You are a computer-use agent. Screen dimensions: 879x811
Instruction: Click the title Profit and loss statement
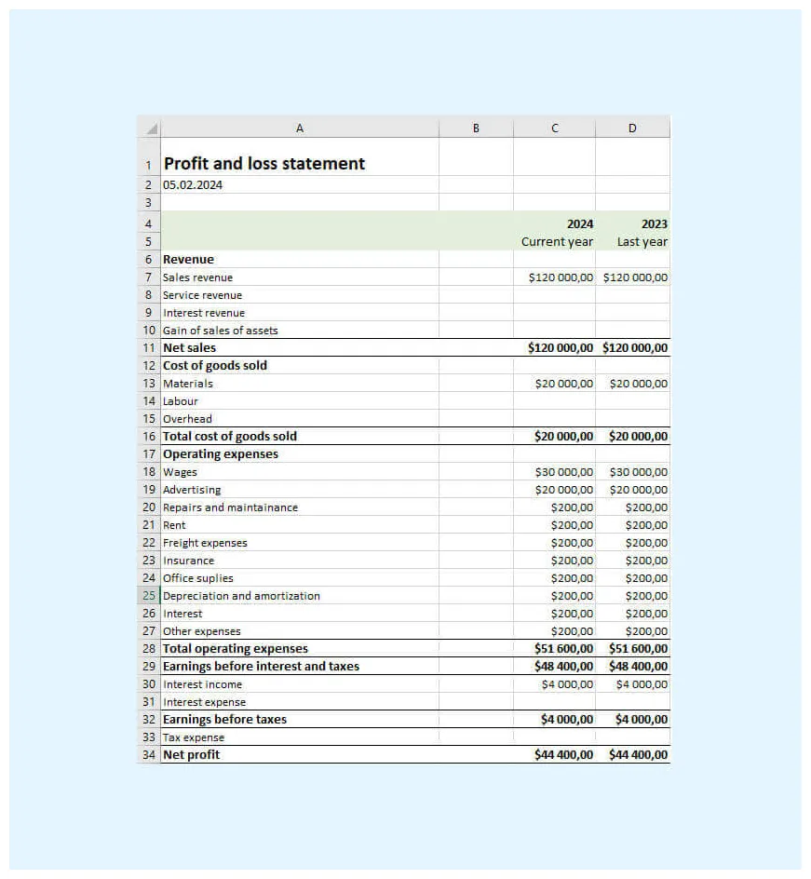point(264,164)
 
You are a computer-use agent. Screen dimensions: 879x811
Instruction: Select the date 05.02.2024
point(193,184)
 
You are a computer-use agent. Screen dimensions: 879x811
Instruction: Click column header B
point(476,128)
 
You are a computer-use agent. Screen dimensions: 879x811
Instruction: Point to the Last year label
point(642,242)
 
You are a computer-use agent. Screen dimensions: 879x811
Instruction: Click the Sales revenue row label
point(197,277)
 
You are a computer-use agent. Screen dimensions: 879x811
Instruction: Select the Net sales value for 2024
point(560,348)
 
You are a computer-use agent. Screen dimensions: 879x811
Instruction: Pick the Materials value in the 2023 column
point(638,384)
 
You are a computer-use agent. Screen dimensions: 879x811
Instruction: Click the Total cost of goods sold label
point(230,437)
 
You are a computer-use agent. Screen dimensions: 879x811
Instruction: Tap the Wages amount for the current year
point(563,472)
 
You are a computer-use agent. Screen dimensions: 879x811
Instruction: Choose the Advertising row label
point(192,490)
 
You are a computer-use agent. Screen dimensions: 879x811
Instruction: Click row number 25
point(149,596)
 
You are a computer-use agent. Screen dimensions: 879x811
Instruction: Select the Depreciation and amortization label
point(241,596)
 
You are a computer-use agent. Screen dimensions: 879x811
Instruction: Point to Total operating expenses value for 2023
point(638,649)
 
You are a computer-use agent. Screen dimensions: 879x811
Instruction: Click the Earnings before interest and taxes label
point(261,667)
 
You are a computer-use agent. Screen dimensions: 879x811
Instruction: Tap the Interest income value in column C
point(566,684)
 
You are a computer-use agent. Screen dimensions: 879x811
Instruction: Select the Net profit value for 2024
point(563,755)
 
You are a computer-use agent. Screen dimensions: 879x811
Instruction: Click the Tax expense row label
point(194,737)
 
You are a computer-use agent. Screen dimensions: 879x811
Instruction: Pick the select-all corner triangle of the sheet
point(151,128)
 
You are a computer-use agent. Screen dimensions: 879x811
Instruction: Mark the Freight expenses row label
point(205,543)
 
